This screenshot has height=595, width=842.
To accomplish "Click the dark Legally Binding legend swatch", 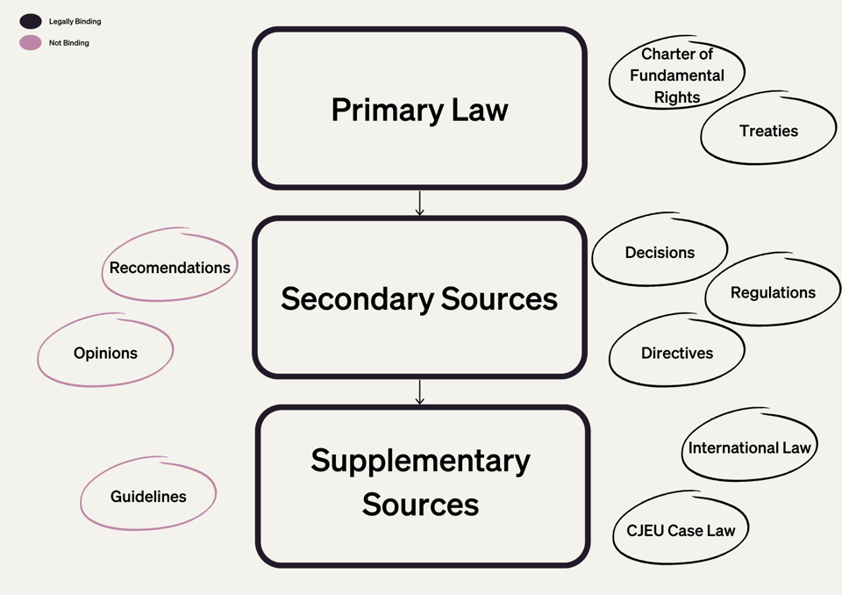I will pos(31,21).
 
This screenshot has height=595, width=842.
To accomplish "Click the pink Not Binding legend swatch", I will pos(31,42).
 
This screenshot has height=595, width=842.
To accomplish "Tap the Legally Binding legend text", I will pos(75,21).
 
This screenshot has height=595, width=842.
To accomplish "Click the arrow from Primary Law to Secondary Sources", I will pos(419,203).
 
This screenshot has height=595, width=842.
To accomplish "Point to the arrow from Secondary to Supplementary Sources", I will pos(419,391).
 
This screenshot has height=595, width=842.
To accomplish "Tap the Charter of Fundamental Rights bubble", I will pos(676,75).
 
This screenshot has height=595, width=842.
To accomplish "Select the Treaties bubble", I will pos(768,131).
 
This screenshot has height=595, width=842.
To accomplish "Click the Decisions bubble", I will pos(660,252).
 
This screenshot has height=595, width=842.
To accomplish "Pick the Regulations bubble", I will pos(773,292).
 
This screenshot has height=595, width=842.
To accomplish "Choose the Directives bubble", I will pos(676,353).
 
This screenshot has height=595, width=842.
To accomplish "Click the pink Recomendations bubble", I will pos(169,268).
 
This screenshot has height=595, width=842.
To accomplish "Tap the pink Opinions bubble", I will pos(105,353).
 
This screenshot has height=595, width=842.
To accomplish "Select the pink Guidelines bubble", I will pos(148,497).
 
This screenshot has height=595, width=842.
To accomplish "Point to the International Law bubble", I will pos(749,448).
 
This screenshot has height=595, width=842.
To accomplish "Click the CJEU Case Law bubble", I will pos(680,530).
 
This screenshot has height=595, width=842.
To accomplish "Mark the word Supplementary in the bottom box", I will pos(420,461).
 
